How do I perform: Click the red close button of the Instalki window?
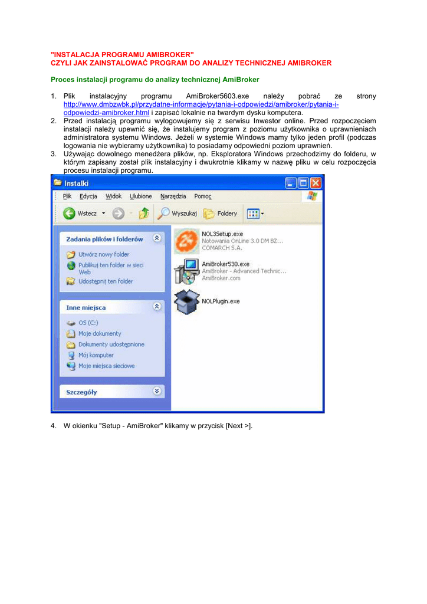pyautogui.click(x=316, y=183)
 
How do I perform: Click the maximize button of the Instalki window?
pyautogui.click(x=303, y=183)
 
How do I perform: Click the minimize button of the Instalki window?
pyautogui.click(x=291, y=183)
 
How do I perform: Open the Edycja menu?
pyautogui.click(x=88, y=196)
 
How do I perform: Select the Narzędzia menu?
pyautogui.click(x=173, y=196)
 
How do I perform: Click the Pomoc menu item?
pyautogui.click(x=203, y=196)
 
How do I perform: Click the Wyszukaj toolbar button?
pyautogui.click(x=178, y=214)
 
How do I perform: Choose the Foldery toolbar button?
pyautogui.click(x=221, y=214)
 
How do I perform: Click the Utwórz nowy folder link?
pyautogui.click(x=104, y=254)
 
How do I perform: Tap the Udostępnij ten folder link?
pyautogui.click(x=106, y=281)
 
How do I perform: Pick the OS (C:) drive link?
pyautogui.click(x=88, y=323)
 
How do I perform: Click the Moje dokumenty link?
pyautogui.click(x=99, y=334)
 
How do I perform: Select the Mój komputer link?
pyautogui.click(x=96, y=355)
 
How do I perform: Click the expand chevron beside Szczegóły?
pyautogui.click(x=156, y=390)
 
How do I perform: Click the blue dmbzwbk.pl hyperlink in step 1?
pyautogui.click(x=201, y=104)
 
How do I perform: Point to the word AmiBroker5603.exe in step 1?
pyautogui.click(x=218, y=96)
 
